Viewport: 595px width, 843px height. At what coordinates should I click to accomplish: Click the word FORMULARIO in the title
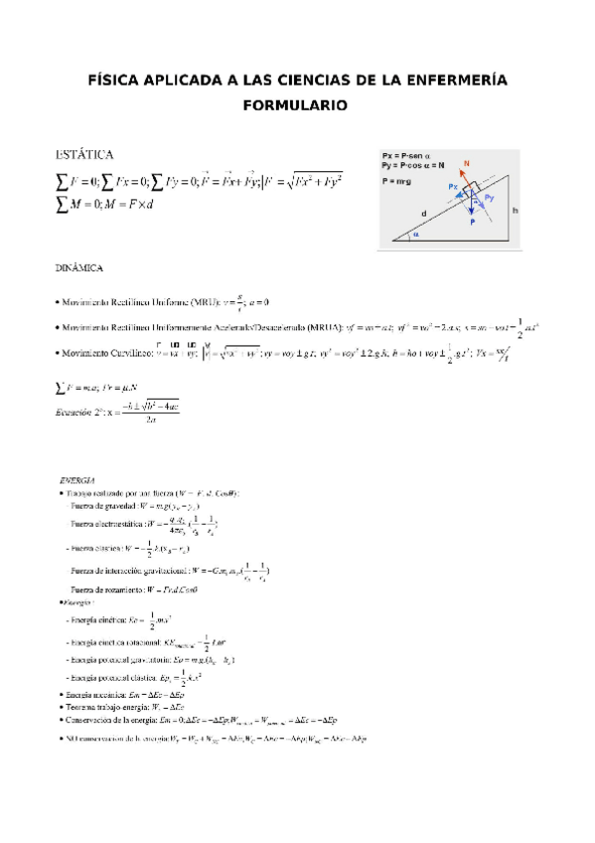[297, 104]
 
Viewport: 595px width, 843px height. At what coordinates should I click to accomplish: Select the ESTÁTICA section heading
[84, 154]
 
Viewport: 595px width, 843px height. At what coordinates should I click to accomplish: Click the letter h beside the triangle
[516, 210]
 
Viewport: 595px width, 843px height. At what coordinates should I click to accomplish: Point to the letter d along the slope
[425, 212]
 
